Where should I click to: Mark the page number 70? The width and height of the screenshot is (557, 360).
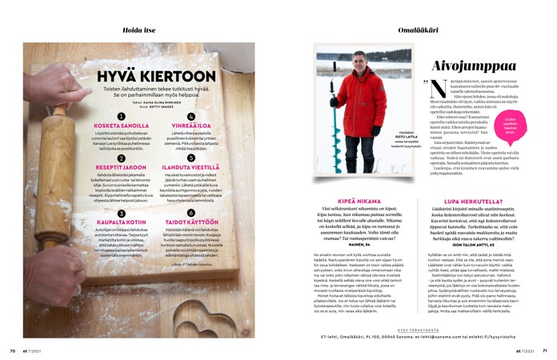[13, 350]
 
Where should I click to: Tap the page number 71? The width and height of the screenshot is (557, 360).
[544, 350]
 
